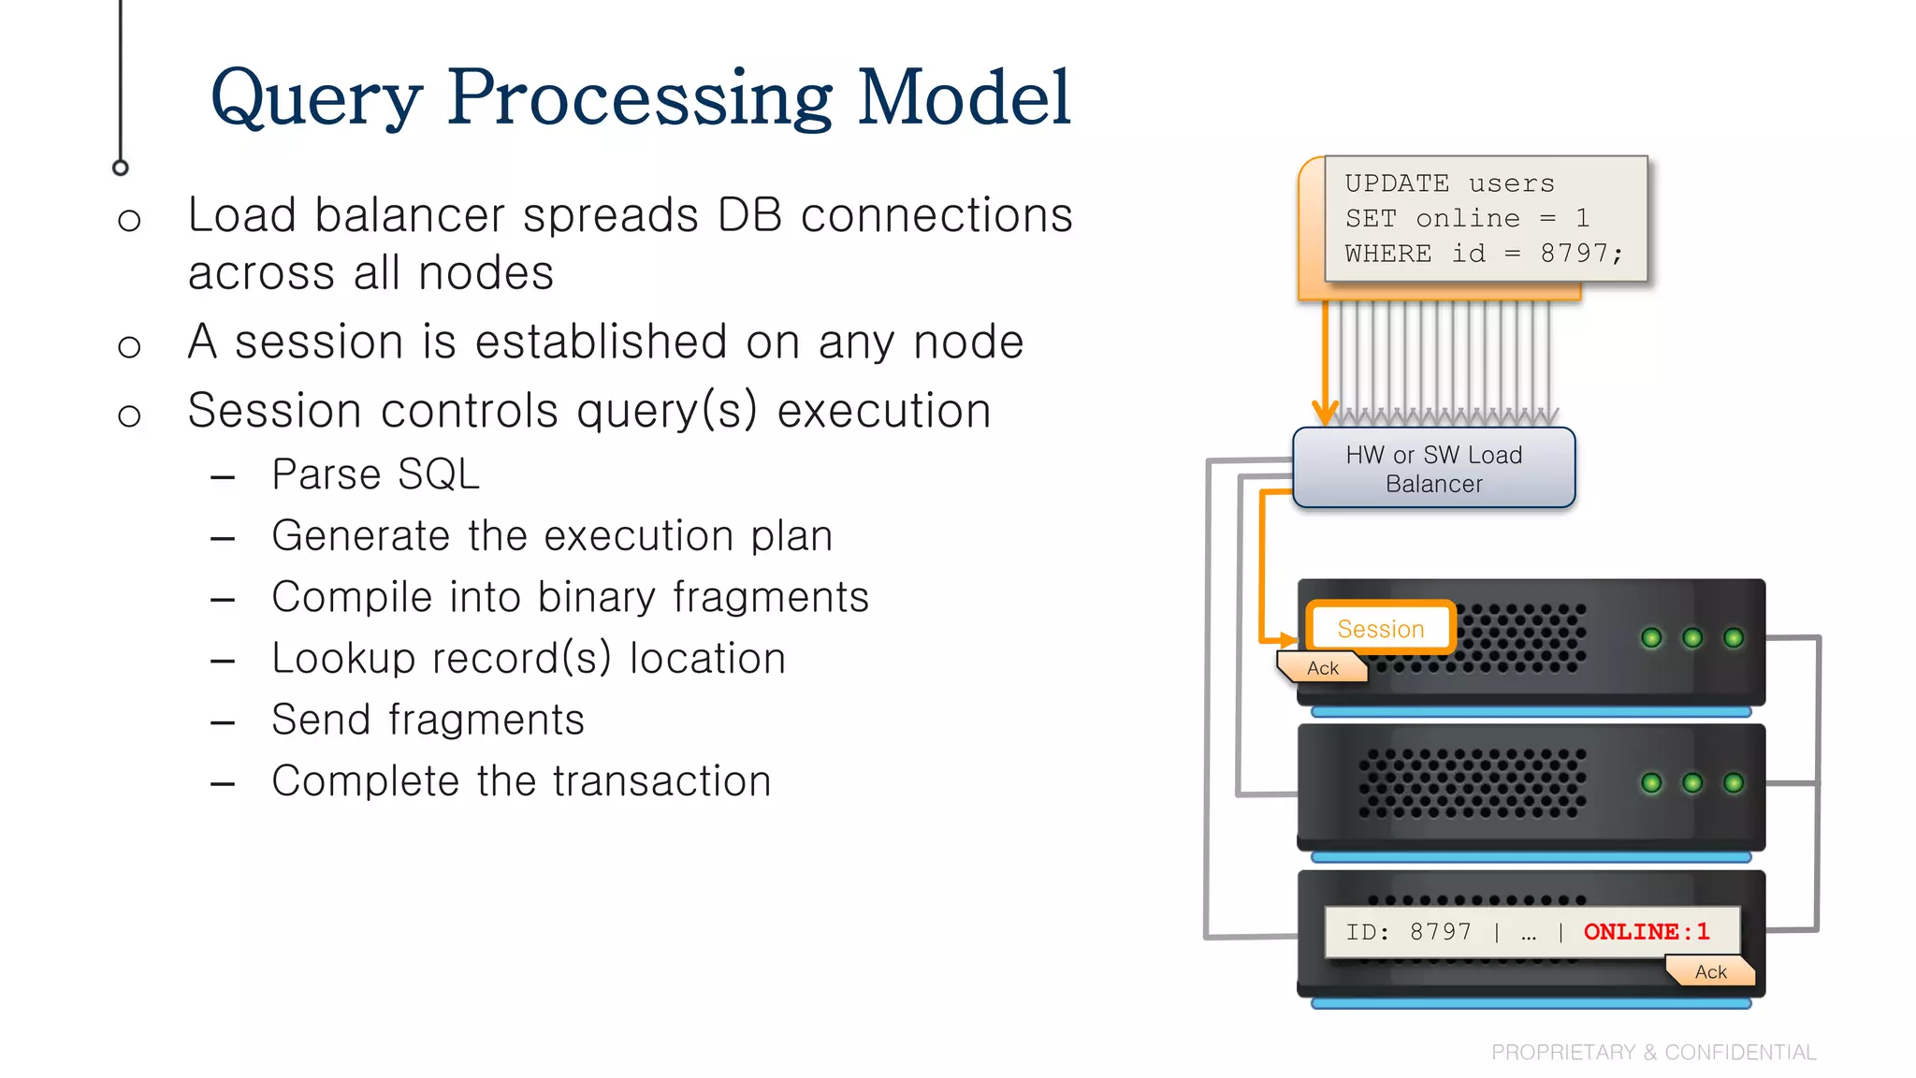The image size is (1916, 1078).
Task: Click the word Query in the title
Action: [x=316, y=98]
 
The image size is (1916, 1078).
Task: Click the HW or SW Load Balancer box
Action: [x=1433, y=469]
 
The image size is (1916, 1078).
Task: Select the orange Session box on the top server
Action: [x=1380, y=628]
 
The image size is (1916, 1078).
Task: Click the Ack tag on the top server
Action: [x=1322, y=668]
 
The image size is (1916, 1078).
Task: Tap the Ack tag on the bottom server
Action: [x=1710, y=971]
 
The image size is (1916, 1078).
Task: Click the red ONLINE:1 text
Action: [x=1646, y=931]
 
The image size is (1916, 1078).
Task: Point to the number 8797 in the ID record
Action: [x=1440, y=931]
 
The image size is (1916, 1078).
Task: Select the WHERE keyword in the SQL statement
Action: [x=1387, y=254]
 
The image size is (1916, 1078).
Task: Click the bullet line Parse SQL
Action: [x=375, y=474]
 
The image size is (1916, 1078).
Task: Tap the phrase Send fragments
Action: [x=428, y=720]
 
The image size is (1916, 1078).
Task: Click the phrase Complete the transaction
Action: [x=521, y=781]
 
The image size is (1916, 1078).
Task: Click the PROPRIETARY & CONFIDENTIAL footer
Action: [x=1653, y=1052]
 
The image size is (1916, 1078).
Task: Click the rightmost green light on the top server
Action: [x=1733, y=638]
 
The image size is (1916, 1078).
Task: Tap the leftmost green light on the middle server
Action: [x=1651, y=783]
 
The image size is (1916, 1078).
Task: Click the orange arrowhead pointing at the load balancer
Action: [x=1324, y=412]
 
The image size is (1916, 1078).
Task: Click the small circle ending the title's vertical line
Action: [x=120, y=168]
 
